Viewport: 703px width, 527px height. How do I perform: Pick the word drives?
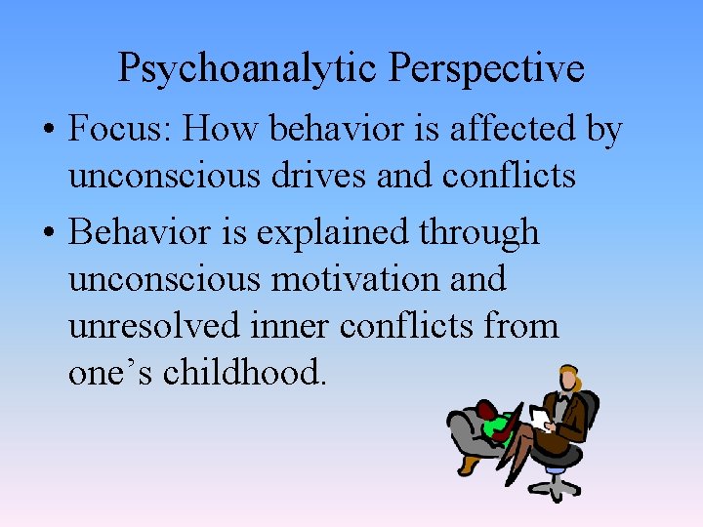coord(315,176)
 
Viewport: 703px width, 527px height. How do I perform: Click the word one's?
coord(112,371)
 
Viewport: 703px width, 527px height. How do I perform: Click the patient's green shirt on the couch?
coord(504,426)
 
